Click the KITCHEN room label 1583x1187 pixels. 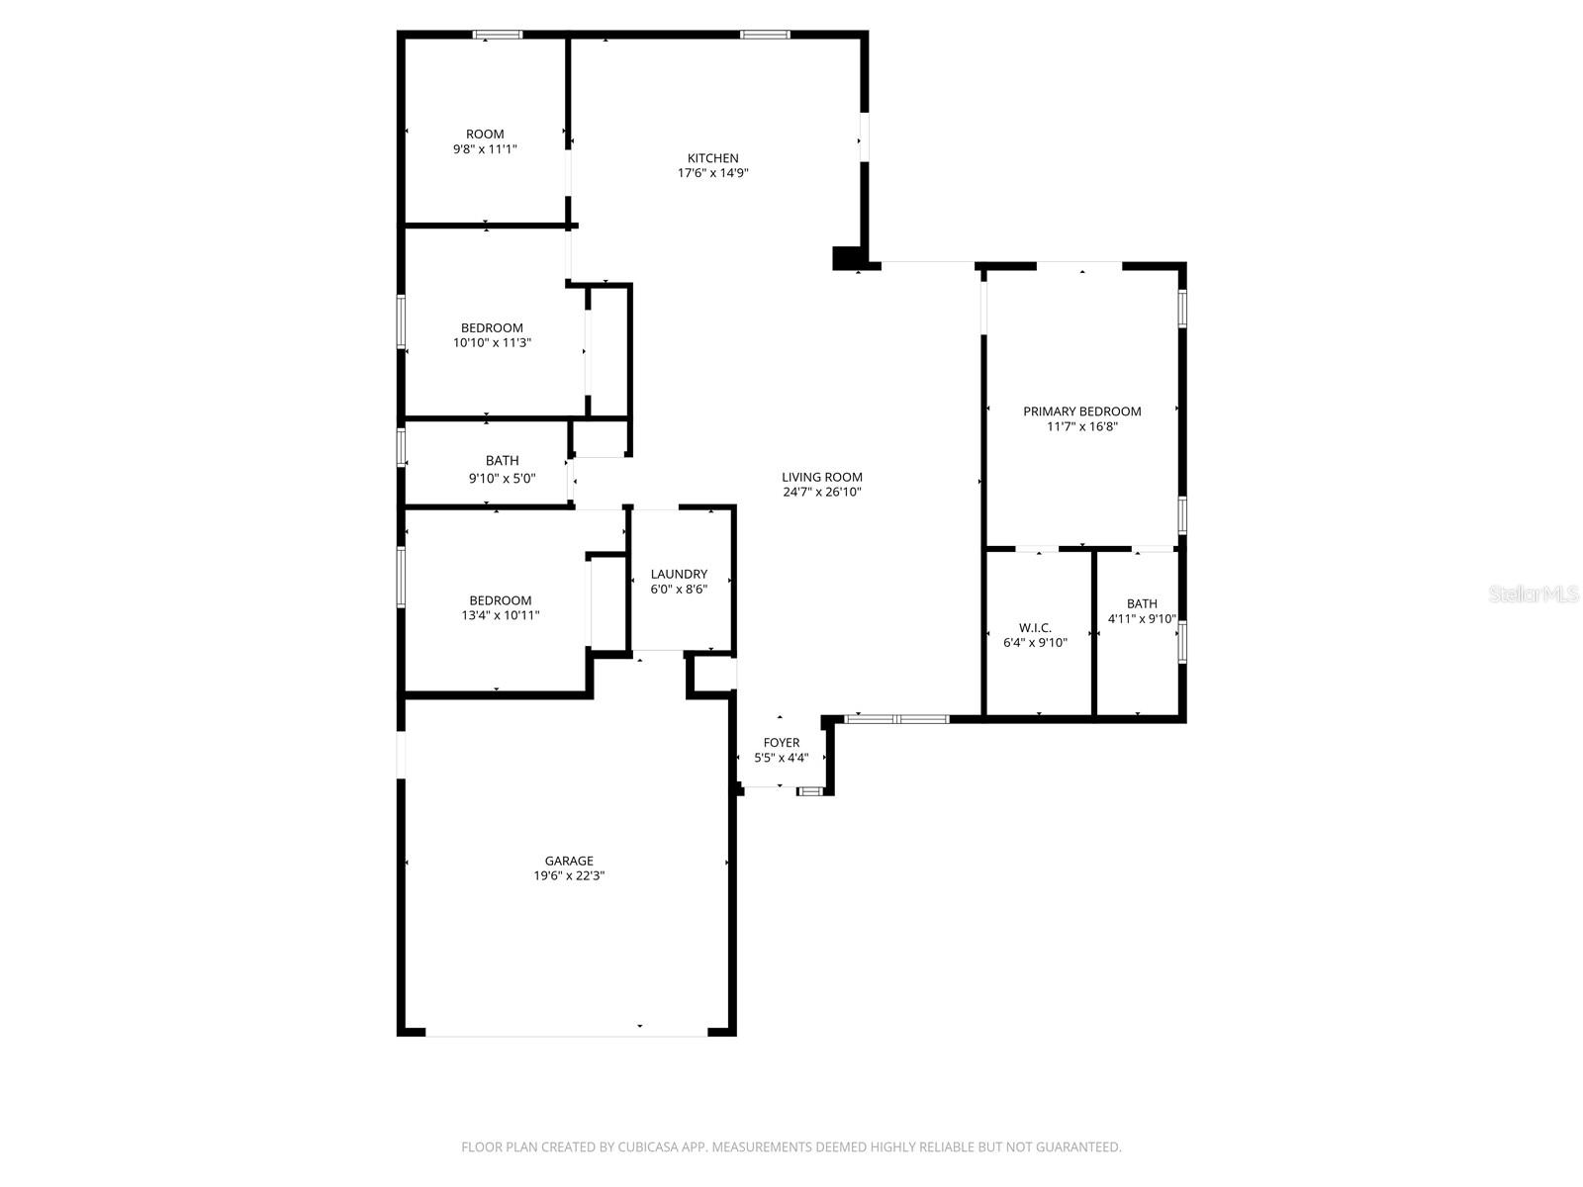coord(712,158)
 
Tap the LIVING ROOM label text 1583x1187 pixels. coord(821,477)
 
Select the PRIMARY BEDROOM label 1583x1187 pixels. coord(1081,411)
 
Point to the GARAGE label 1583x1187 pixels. coord(569,861)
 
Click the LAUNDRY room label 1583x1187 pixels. coord(679,574)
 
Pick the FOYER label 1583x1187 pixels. coord(781,743)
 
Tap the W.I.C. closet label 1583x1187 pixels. coord(1035,628)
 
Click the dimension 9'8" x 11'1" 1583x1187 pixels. coord(485,149)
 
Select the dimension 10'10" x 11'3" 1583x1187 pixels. coord(492,343)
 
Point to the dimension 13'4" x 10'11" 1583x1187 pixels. coord(500,615)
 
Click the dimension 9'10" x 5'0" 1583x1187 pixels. coord(502,478)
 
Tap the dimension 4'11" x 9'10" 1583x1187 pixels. coord(1142,619)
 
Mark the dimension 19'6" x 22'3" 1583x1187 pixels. coord(569,875)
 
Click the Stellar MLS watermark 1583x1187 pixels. coord(1534,594)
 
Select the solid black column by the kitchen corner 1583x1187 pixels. coord(847,257)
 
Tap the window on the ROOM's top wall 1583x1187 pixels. coord(497,35)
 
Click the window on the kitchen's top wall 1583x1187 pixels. coord(765,35)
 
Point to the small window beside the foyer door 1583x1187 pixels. coord(810,791)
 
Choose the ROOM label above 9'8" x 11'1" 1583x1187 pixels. coord(485,135)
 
